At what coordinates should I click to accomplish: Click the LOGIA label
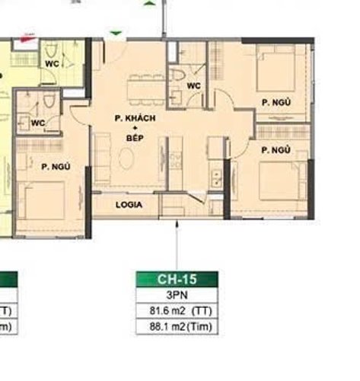pyautogui.click(x=128, y=205)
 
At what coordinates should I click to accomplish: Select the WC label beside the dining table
pyautogui.click(x=193, y=85)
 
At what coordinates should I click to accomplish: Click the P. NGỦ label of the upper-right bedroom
pyautogui.click(x=276, y=102)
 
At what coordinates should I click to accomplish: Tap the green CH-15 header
pyautogui.click(x=177, y=280)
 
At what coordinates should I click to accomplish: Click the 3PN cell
pyautogui.click(x=177, y=296)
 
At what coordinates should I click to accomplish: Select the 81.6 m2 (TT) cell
pyautogui.click(x=177, y=311)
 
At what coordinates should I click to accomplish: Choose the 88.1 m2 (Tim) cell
pyautogui.click(x=177, y=328)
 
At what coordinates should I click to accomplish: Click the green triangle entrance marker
pyautogui.click(x=115, y=34)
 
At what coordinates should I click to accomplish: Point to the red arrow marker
pyautogui.click(x=28, y=36)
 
